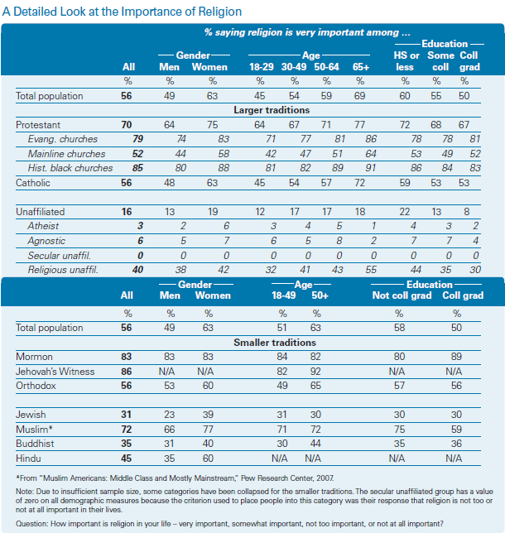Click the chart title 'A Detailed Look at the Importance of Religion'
(x=122, y=12)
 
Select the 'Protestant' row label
(x=38, y=125)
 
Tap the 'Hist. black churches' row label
(x=70, y=168)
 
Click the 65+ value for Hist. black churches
(x=371, y=168)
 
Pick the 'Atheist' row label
(x=43, y=226)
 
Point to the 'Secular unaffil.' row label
(x=59, y=255)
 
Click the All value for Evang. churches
(x=137, y=139)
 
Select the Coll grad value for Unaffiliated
(x=467, y=212)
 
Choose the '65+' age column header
(x=360, y=67)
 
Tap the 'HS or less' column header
(x=406, y=61)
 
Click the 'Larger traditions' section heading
(x=272, y=110)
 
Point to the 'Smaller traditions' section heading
(x=275, y=343)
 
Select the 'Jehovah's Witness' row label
(x=55, y=371)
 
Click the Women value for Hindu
(x=208, y=459)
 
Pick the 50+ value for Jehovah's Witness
(x=315, y=371)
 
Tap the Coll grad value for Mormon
(x=456, y=357)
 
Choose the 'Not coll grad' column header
(x=402, y=295)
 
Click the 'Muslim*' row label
(x=34, y=430)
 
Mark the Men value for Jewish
(x=169, y=415)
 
